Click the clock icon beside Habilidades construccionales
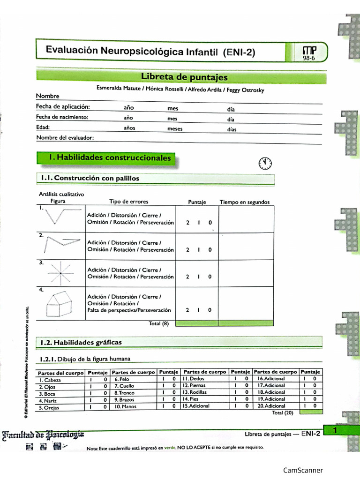(265, 163)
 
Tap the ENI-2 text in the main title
(239, 52)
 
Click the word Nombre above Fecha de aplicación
(48, 96)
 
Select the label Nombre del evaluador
(65, 137)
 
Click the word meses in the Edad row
(175, 129)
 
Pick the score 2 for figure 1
(187, 223)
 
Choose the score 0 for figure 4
(210, 310)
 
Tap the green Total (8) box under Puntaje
(197, 323)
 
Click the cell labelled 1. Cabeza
(50, 380)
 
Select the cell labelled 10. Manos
(126, 406)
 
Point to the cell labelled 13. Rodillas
(195, 392)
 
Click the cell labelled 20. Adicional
(271, 406)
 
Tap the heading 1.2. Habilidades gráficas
(81, 342)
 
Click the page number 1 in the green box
(335, 429)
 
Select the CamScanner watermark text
(303, 470)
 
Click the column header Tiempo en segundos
(245, 202)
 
